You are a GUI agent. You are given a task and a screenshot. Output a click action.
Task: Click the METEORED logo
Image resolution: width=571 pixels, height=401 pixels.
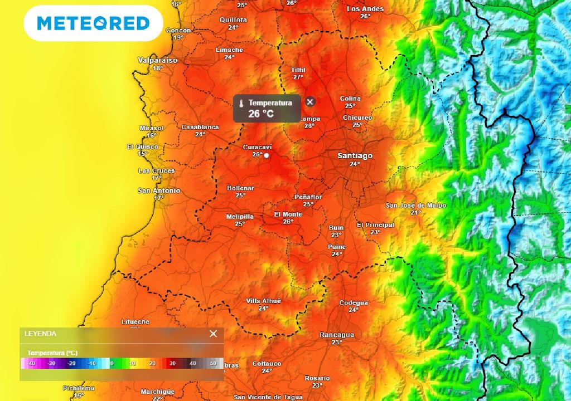[93, 23]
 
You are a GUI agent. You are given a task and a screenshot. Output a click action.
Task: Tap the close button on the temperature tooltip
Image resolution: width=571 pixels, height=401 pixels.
[311, 102]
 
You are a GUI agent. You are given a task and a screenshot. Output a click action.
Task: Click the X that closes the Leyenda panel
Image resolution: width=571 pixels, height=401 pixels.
[213, 334]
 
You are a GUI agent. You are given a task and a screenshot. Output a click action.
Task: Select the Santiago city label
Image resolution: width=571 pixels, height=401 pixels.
[355, 156]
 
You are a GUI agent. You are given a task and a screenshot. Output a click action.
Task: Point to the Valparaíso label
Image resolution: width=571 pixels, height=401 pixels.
[158, 60]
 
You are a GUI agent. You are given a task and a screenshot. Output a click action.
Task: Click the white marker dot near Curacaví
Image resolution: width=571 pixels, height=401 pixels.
[267, 155]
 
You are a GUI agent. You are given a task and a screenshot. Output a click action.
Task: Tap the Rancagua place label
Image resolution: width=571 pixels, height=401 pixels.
[337, 335]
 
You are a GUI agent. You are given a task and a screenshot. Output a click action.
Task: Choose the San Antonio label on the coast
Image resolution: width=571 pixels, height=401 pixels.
[159, 190]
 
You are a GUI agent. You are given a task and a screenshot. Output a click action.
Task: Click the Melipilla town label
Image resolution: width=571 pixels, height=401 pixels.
[240, 217]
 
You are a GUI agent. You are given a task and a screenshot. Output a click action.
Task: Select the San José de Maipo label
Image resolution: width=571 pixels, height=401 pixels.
[416, 205]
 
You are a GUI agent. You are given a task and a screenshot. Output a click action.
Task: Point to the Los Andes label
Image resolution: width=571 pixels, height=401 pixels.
[365, 9]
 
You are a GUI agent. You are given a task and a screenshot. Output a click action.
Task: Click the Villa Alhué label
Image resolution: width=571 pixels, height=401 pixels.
[264, 301]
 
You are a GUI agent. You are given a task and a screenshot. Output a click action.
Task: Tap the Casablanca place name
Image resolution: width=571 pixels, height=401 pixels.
[200, 127]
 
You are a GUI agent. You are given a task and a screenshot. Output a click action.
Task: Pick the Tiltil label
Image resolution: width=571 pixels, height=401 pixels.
[298, 70]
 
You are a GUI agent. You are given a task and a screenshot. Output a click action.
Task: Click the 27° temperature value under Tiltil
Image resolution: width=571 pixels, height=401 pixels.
[298, 77]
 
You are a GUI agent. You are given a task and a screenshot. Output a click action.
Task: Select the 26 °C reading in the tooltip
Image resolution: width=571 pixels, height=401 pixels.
[262, 114]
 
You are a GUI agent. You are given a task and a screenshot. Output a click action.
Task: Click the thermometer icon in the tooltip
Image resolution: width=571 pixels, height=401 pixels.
[241, 103]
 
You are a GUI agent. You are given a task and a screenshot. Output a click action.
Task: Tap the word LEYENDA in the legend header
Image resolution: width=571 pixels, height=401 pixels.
[40, 334]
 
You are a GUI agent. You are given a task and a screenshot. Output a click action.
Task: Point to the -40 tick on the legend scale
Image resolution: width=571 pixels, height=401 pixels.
[31, 364]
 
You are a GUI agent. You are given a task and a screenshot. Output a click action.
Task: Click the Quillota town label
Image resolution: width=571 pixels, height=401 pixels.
[233, 19]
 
